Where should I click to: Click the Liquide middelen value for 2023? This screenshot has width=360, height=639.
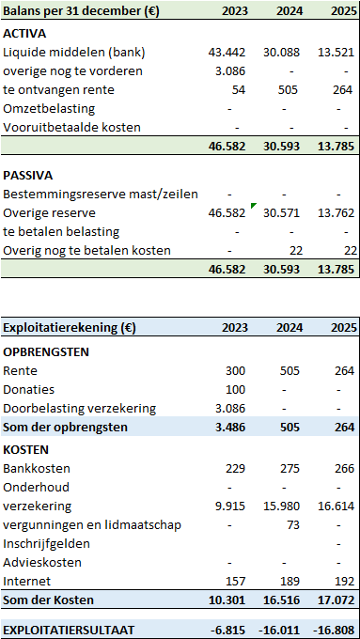click(x=227, y=53)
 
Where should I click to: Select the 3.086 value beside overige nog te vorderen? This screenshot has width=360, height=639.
click(x=230, y=71)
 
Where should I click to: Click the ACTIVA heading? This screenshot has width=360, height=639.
click(x=24, y=34)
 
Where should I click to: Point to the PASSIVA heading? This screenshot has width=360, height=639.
click(x=28, y=176)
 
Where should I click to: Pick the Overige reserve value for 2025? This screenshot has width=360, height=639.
click(x=336, y=213)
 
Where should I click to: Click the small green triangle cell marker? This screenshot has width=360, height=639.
click(x=254, y=206)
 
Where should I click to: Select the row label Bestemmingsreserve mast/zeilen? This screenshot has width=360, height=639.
click(x=101, y=195)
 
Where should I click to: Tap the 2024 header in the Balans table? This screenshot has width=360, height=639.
click(x=290, y=11)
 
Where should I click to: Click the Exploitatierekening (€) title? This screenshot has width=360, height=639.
click(x=70, y=328)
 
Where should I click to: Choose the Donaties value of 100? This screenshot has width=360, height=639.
click(x=236, y=390)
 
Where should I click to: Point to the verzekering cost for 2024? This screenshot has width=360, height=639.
click(x=281, y=507)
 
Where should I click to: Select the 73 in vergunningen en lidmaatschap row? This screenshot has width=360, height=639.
click(x=292, y=525)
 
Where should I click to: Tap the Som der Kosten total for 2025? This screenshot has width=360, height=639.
click(x=336, y=600)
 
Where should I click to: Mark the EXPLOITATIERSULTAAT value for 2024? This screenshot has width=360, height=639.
click(x=279, y=630)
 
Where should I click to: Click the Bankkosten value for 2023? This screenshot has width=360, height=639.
click(x=236, y=469)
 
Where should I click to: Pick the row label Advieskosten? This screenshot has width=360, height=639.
click(x=42, y=562)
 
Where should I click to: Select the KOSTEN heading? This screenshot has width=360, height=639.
click(x=25, y=450)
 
